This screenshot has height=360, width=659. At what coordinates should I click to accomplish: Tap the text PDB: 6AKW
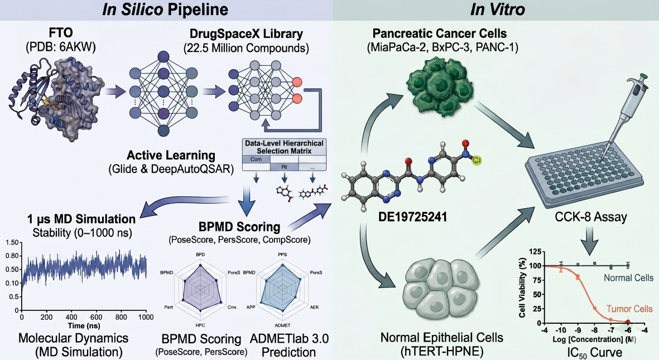61,47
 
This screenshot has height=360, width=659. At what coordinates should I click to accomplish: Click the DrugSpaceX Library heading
246,33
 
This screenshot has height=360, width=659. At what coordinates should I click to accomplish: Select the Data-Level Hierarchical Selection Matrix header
284,147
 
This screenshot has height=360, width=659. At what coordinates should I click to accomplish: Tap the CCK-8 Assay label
591,217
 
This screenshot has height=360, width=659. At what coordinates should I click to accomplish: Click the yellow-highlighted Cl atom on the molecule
477,160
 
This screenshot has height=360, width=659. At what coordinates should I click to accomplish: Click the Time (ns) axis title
84,325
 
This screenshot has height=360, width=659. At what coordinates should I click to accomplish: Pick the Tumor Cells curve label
629,309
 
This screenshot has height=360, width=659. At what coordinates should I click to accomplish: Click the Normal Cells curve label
629,277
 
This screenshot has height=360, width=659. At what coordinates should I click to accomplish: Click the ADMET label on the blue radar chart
282,325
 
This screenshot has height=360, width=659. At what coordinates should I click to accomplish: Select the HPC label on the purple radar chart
200,325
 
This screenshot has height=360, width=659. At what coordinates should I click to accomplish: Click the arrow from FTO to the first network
116,91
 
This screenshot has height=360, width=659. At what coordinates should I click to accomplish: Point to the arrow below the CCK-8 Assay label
589,241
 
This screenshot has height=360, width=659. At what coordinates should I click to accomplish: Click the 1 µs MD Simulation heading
81,219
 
